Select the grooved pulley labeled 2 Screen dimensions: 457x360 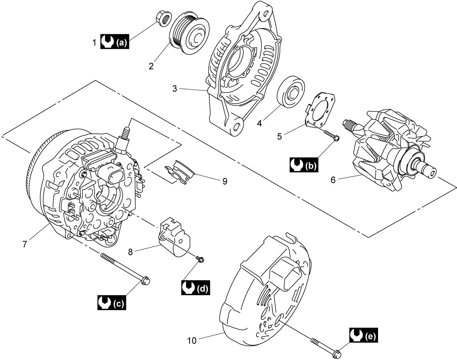[x=189, y=33]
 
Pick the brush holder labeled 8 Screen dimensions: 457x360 [x=175, y=237]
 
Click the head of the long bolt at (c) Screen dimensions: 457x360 [x=145, y=281]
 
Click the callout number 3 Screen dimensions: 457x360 [x=175, y=89]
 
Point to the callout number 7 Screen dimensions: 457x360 [x=25, y=244]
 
